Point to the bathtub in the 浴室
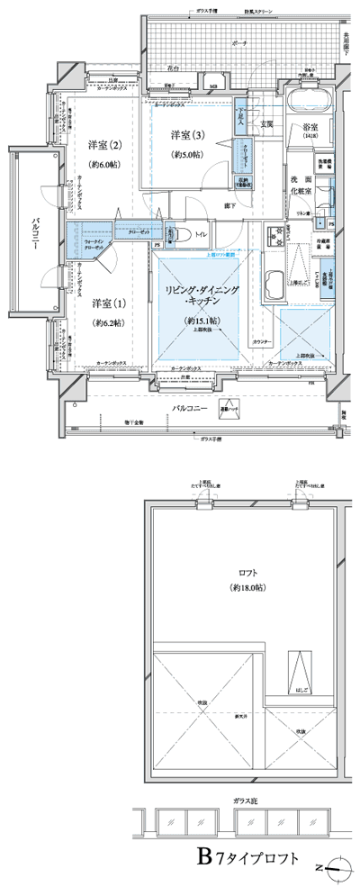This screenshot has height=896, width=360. click(310, 97)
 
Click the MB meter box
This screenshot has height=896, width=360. click(213, 86)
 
